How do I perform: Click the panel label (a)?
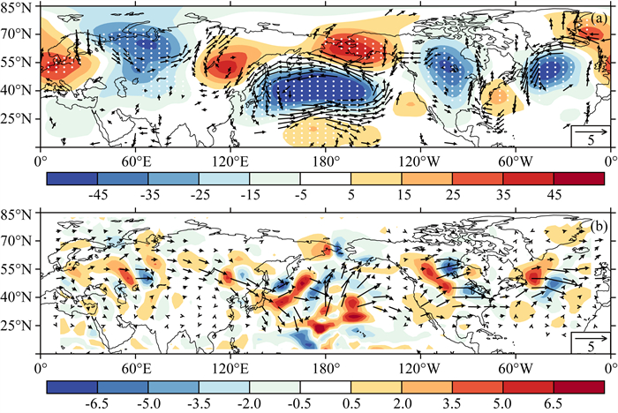[x=599, y=19]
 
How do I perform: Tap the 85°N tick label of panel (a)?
[x=15, y=7]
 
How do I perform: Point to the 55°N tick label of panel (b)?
[x=15, y=269]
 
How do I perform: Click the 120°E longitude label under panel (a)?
[x=230, y=162]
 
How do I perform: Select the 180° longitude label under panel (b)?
[x=325, y=369]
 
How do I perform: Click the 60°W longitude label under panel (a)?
[x=516, y=162]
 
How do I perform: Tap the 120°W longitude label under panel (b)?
[x=420, y=369]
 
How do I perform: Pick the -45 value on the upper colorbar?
[x=97, y=195]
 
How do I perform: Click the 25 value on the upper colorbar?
[x=452, y=195]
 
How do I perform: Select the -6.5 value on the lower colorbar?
[x=97, y=403]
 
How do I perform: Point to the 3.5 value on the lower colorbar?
[x=452, y=403]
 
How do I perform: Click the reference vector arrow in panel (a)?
[x=591, y=132]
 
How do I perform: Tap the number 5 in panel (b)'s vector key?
[x=591, y=347]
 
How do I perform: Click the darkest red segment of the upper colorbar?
[x=579, y=178]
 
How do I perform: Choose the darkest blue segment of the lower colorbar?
[x=72, y=387]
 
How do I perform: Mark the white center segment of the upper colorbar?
[x=326, y=178]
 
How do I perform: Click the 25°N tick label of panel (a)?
[x=15, y=118]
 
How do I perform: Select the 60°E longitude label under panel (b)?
[x=135, y=369]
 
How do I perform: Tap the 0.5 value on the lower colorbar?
[x=351, y=403]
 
